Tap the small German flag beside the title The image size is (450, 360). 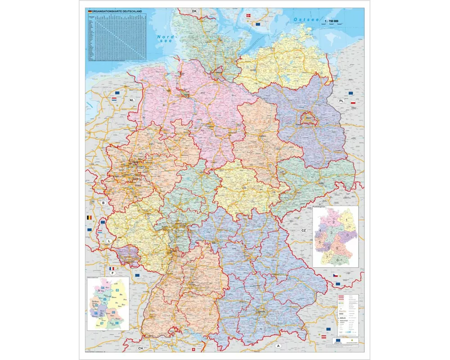[90, 10]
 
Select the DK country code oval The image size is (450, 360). [194, 11]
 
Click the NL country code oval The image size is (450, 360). [132, 100]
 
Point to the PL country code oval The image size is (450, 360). [341, 101]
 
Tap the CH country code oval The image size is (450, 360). [140, 348]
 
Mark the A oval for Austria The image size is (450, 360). [278, 346]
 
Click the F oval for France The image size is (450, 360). [112, 273]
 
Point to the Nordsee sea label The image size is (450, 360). [165, 39]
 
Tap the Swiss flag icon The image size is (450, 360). [194, 350]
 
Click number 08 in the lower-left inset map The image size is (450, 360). [117, 323]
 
